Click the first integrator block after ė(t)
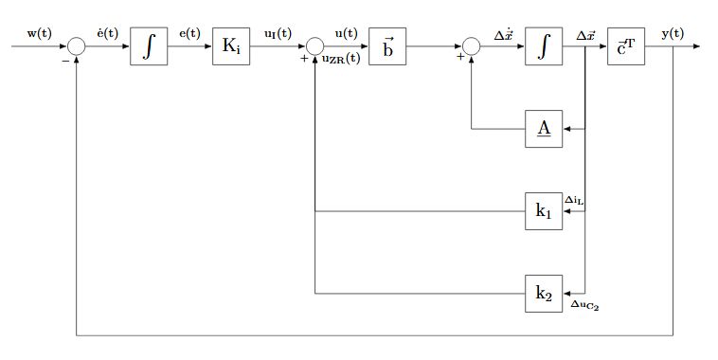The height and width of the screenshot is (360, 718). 149,46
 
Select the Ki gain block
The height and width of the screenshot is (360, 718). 231,46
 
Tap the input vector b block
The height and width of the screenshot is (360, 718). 388,46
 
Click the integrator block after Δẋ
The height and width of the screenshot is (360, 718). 544,46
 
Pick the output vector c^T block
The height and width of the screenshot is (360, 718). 627,46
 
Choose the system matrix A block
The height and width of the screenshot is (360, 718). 544,129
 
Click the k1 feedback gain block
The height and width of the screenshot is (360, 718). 544,210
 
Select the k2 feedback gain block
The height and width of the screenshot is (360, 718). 544,293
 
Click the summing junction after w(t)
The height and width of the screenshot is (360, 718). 76,46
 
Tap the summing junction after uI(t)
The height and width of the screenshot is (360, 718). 314,46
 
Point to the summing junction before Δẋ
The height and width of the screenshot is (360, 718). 471,46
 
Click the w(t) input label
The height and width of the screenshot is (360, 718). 39,33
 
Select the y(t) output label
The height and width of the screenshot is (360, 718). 673,33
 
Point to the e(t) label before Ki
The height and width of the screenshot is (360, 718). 189,33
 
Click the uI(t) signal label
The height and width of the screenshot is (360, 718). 278,33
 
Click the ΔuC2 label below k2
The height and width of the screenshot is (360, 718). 584,305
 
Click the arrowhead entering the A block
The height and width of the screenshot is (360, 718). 567,129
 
